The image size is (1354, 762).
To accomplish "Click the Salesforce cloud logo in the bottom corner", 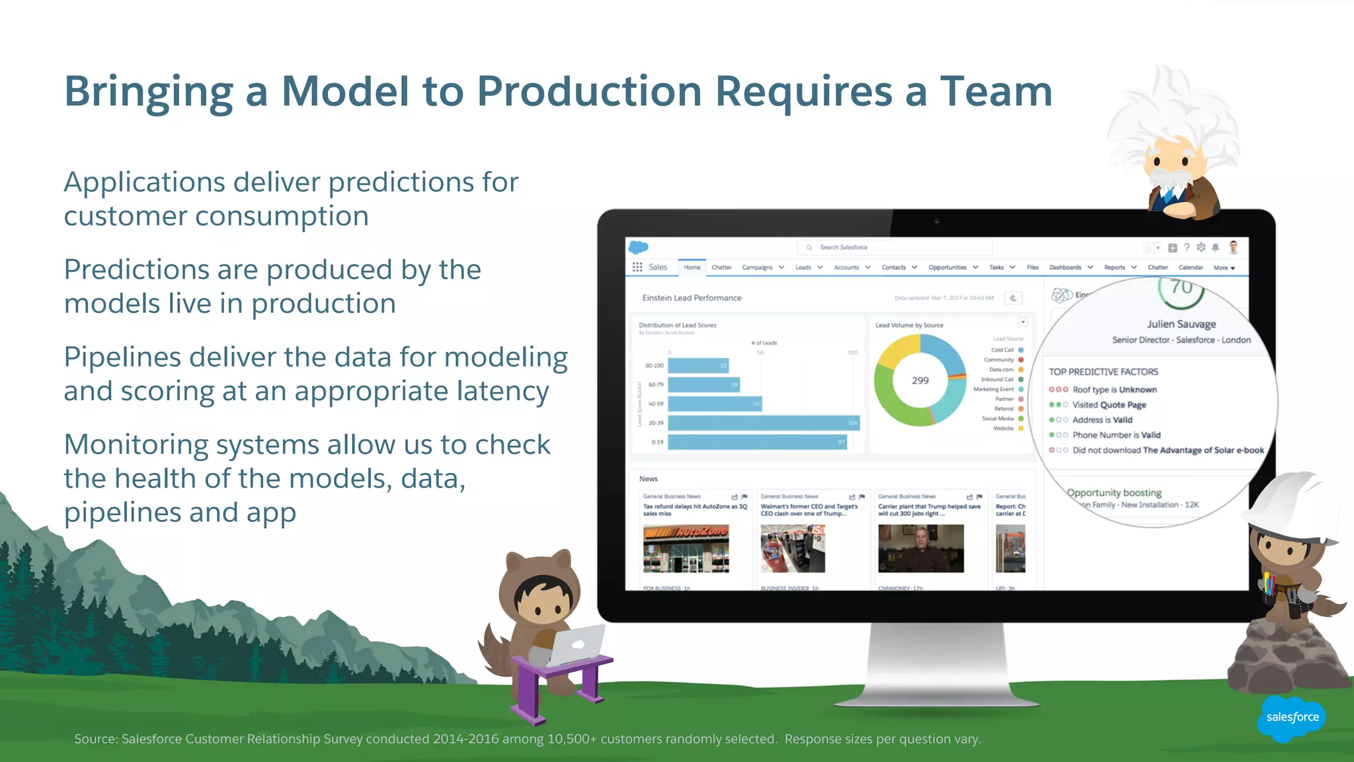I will point(1292,717).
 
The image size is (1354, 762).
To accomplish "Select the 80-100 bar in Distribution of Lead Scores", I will point(698,365).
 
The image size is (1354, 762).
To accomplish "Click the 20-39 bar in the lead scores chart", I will point(763,423).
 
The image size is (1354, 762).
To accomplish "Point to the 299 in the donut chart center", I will point(920,380).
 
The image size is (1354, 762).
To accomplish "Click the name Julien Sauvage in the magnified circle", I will point(1181,324).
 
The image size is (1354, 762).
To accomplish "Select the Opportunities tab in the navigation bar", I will point(947,267).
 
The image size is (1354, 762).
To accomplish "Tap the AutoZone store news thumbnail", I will point(686,548).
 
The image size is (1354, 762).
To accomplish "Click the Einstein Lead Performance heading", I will point(692,298).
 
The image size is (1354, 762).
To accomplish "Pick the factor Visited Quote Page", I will point(1109,405).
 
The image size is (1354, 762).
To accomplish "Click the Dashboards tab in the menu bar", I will point(1065,267).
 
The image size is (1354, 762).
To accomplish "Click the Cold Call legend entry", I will point(1003,350).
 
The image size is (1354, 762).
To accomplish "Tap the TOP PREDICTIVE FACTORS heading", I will point(1103,372).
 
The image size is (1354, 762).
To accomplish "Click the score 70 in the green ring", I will point(1181,287).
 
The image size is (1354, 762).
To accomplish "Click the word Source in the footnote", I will point(95,739).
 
